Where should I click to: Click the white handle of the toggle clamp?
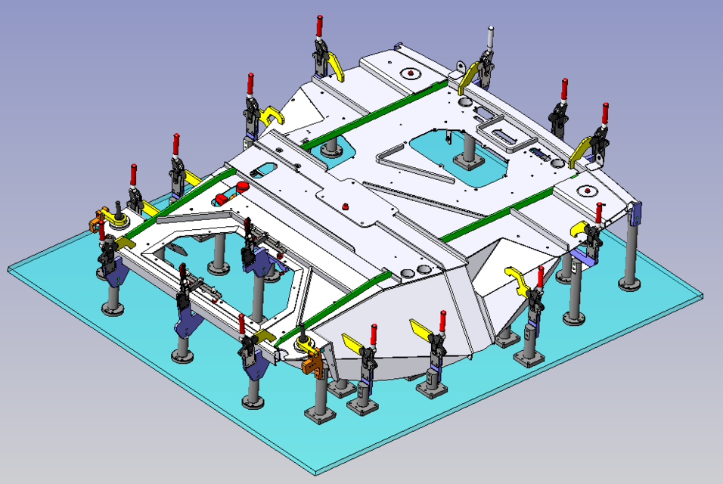pyautogui.click(x=490, y=36)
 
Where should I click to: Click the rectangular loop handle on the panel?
pyautogui.click(x=507, y=135)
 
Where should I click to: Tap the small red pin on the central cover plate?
pyautogui.click(x=345, y=205)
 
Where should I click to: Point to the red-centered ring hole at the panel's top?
pyautogui.click(x=410, y=73)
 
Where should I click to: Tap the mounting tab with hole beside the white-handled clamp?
pyautogui.click(x=456, y=76)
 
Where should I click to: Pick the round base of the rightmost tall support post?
pyautogui.click(x=630, y=284)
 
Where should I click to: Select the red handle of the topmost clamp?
pyautogui.click(x=320, y=26)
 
